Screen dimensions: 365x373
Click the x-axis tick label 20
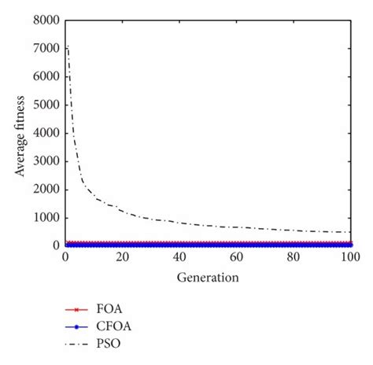point(122,257)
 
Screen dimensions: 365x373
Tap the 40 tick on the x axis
point(179,257)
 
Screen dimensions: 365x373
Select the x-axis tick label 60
point(236,257)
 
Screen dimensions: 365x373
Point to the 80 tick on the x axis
point(294,257)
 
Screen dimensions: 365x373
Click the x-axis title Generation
point(207,277)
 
